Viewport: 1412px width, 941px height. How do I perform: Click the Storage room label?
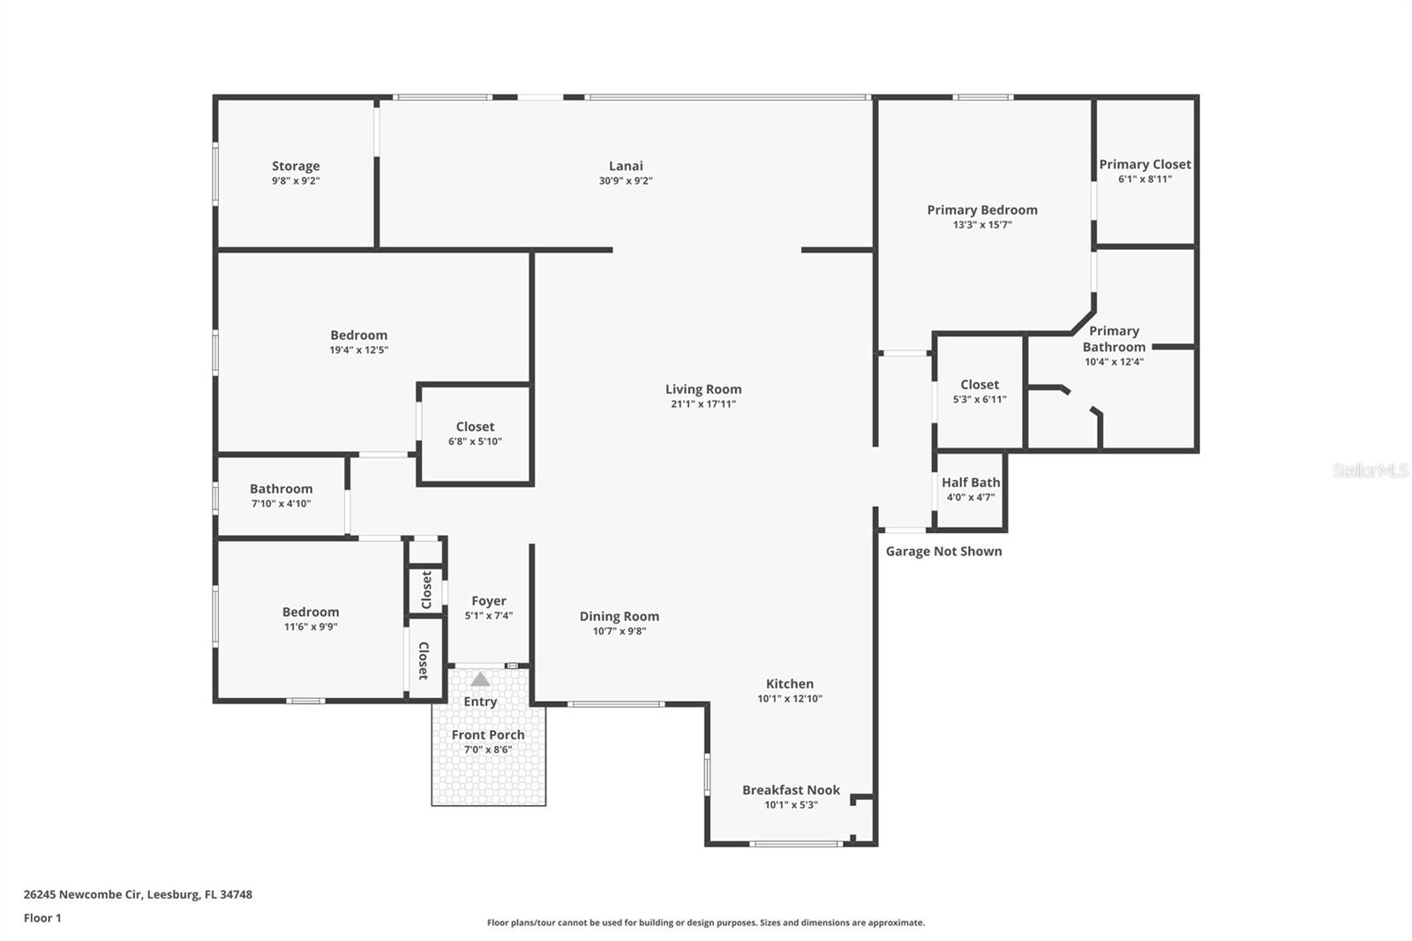click(296, 166)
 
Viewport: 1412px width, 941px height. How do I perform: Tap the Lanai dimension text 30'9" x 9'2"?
click(626, 181)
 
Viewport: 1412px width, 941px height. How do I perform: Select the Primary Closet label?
click(1145, 164)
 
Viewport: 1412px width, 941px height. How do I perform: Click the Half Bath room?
click(971, 489)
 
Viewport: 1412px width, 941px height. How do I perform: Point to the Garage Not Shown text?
click(943, 551)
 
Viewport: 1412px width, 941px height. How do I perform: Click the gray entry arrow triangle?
click(480, 679)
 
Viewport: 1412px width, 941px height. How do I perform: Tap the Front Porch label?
click(488, 734)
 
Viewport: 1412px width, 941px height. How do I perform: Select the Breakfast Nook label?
click(791, 790)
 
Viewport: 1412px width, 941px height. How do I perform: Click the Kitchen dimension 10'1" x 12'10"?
click(790, 698)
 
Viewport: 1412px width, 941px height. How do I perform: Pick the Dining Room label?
click(619, 616)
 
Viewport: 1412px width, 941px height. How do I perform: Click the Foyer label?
click(489, 600)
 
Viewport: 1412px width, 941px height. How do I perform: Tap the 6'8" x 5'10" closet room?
click(475, 433)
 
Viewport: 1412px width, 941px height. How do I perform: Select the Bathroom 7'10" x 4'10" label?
click(281, 488)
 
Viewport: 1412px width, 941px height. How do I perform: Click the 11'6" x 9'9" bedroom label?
click(311, 612)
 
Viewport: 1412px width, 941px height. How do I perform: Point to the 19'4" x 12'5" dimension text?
click(359, 350)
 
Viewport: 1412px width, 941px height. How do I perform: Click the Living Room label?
click(703, 388)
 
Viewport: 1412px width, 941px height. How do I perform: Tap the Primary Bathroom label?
click(1114, 339)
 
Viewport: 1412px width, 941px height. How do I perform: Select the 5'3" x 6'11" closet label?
click(980, 384)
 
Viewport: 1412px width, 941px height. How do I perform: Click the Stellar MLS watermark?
click(1370, 470)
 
